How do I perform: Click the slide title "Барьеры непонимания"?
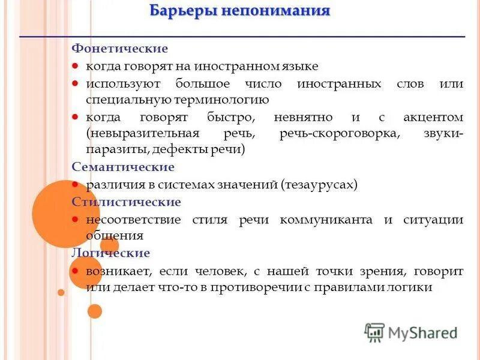tap(239, 11)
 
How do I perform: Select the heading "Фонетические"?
tap(120, 48)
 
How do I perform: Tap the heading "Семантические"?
tap(123, 167)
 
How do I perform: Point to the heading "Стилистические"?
tap(126, 202)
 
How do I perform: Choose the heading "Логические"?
tap(110, 253)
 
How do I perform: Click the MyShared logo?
tap(411, 332)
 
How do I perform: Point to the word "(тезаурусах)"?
tap(319, 185)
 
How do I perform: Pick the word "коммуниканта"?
tap(326, 220)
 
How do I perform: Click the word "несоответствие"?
tap(133, 220)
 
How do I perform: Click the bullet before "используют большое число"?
tap(76, 83)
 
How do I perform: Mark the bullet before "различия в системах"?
tap(76, 185)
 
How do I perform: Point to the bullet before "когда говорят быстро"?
tap(76, 117)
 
